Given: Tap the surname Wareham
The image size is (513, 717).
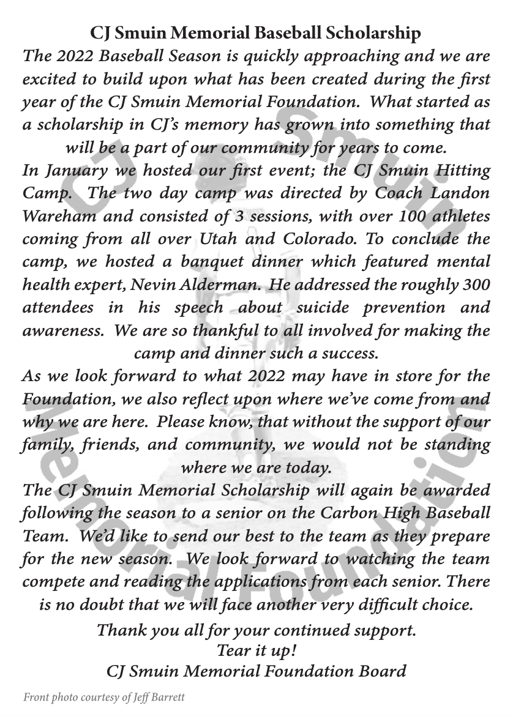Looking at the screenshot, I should pos(52,216).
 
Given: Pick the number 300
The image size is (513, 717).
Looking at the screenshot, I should pos(476,285).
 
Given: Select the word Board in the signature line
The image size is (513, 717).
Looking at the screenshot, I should pos(383,671).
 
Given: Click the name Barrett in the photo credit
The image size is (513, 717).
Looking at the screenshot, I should pos(167,697).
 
